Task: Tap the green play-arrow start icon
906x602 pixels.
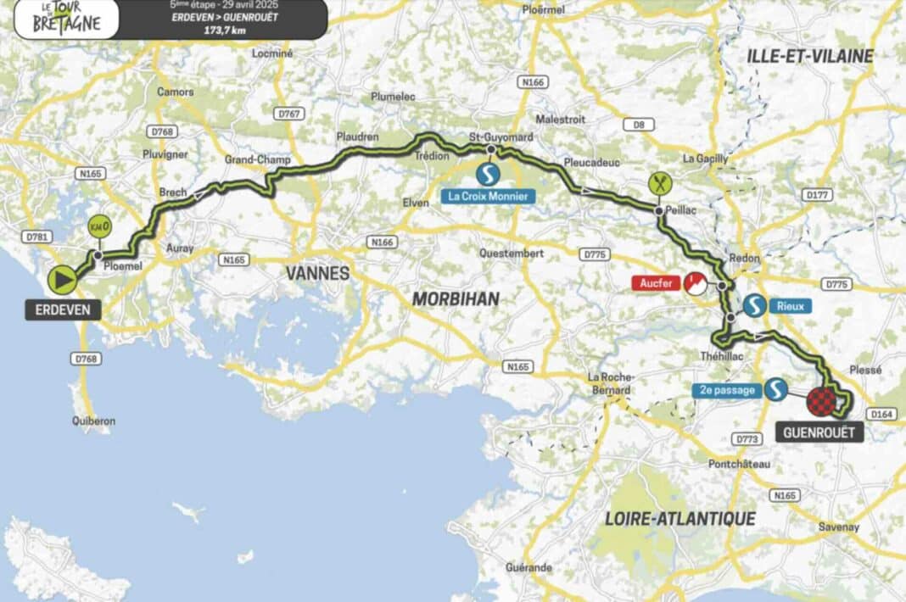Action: coord(61,279)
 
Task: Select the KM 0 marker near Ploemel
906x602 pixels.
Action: coord(99,227)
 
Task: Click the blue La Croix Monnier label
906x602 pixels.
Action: coord(489,197)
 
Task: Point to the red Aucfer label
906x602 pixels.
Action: coord(654,282)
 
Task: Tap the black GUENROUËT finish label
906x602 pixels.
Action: coord(819,433)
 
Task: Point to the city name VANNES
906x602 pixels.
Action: coord(317,273)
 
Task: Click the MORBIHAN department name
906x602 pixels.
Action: coord(456,298)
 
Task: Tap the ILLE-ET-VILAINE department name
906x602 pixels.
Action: coord(809,56)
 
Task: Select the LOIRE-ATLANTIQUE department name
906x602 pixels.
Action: coord(679,518)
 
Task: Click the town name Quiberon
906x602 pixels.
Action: coord(94,421)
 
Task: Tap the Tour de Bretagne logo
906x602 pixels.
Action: coord(65,19)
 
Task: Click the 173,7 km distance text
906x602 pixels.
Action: coord(218,29)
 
